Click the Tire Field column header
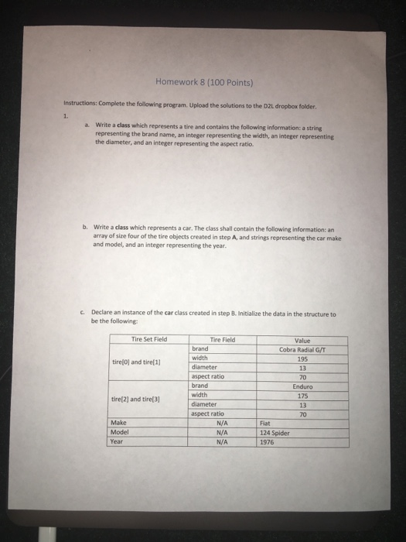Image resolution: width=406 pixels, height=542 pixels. [222, 338]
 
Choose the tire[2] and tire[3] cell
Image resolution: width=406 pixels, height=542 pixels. [134, 399]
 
